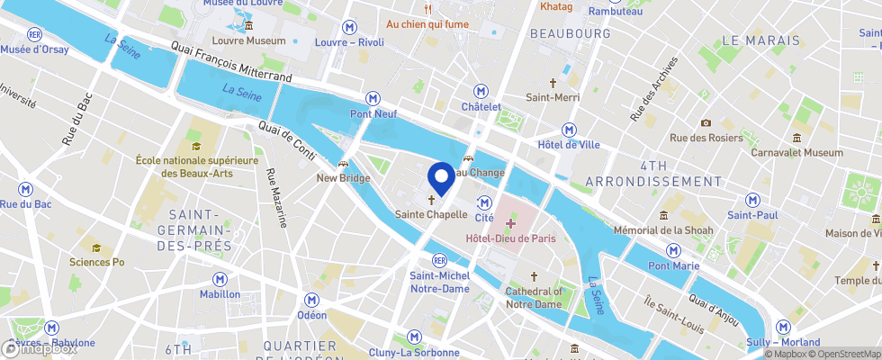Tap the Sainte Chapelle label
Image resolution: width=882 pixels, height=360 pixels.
coord(431,215)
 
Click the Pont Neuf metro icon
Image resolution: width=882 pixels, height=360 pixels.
coord(372,97)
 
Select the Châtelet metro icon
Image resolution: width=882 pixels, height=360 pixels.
coord(481,91)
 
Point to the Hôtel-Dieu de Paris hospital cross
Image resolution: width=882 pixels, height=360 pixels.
coord(510,221)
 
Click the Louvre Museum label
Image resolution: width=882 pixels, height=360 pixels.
coord(247,40)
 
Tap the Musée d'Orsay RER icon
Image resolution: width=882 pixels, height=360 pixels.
coord(35,34)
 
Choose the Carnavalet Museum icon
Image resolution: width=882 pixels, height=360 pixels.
coord(797,138)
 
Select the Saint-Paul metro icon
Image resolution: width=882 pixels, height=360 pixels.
coord(751,199)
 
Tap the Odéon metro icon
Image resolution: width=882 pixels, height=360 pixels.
coord(311,300)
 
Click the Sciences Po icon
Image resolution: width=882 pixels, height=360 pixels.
coord(95,247)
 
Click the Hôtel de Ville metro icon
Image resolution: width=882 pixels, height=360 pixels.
coord(568,129)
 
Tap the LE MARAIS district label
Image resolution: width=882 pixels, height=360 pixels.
coord(760,40)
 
